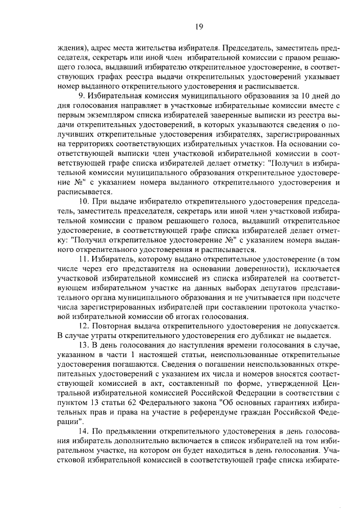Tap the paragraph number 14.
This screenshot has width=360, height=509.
84,431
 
